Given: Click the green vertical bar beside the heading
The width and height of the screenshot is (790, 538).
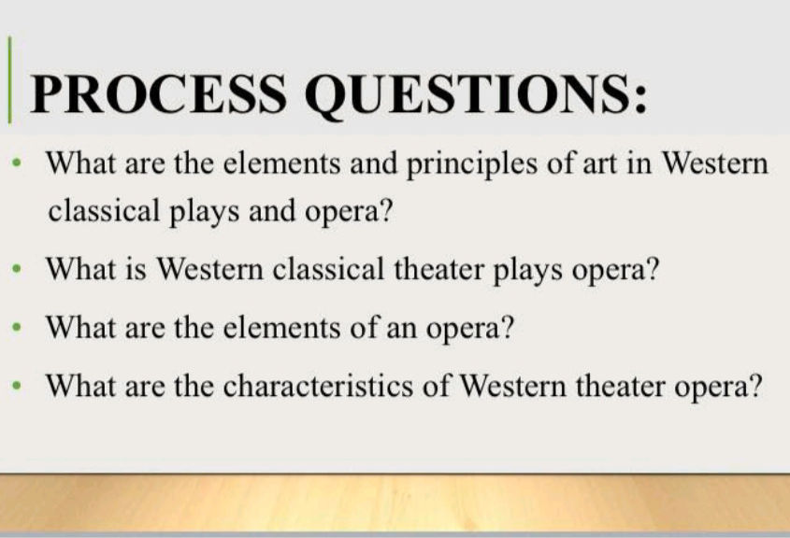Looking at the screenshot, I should tap(10, 80).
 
